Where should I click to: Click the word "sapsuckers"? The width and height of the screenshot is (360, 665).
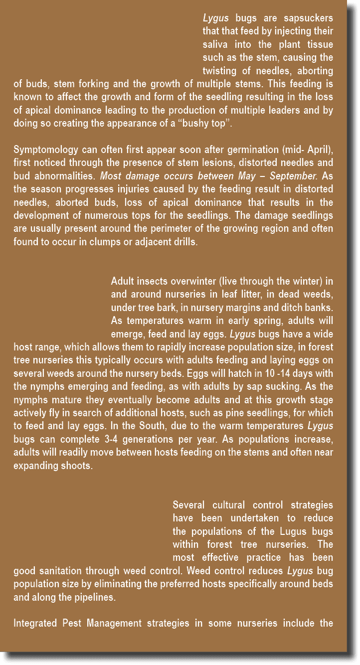pyautogui.click(x=308, y=18)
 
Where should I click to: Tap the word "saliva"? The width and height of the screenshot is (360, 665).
pyautogui.click(x=215, y=45)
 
